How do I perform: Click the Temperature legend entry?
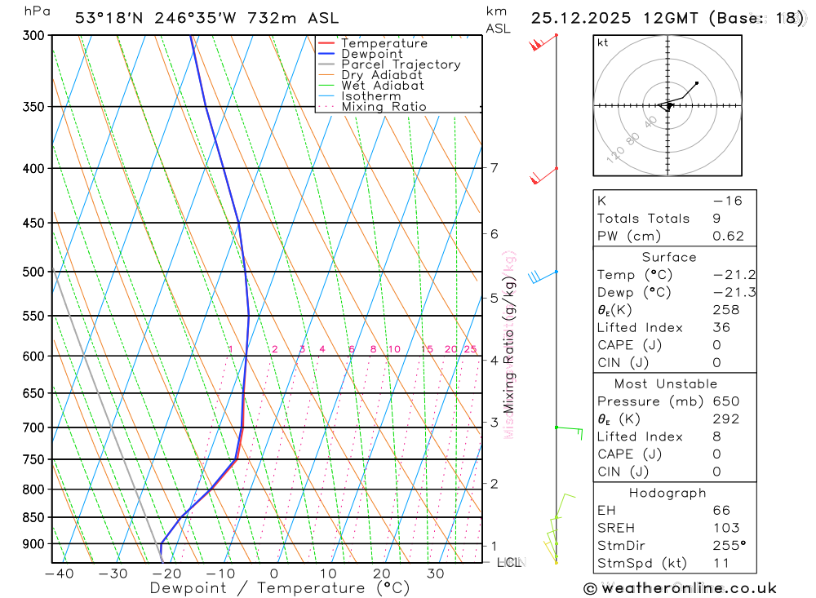[x=384, y=43]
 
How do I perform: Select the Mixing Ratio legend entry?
[x=384, y=107]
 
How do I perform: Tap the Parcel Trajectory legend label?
[x=401, y=64]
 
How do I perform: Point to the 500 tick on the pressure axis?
[x=33, y=272]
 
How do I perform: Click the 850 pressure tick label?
[x=33, y=517]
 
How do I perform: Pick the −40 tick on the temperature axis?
[x=59, y=574]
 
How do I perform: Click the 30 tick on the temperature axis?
[x=435, y=574]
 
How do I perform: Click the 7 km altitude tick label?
[x=494, y=168]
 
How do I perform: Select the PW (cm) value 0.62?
[x=728, y=237]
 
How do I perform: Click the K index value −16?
[x=727, y=201]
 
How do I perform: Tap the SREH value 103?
[x=725, y=528]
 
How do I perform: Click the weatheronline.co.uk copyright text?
[x=681, y=588]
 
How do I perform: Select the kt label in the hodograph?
[x=602, y=42]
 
